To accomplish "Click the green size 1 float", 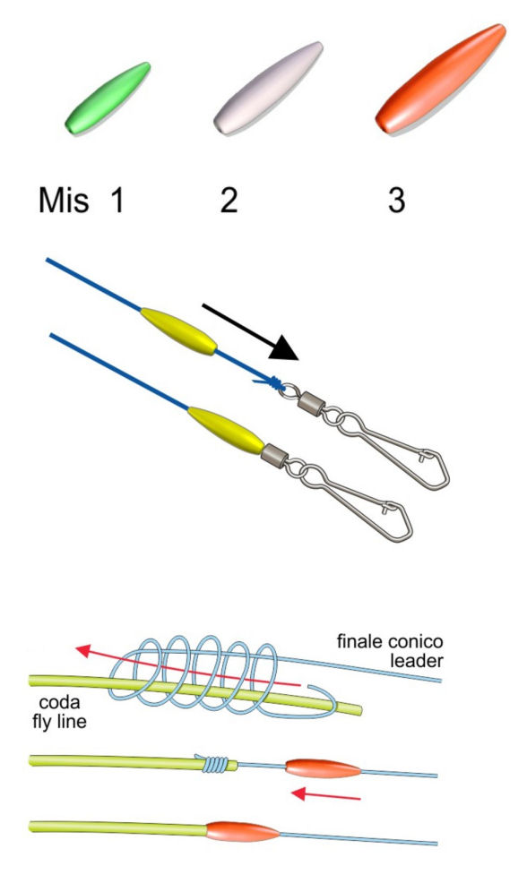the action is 108,98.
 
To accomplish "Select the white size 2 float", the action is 268,88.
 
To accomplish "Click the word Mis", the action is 64,200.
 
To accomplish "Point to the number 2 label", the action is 229,200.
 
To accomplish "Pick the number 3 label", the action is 396,200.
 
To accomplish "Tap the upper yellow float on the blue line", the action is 178,331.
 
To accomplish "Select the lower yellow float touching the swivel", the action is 226,430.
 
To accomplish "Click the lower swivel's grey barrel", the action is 274,456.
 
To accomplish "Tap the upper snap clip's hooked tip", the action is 424,454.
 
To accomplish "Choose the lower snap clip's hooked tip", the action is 386,507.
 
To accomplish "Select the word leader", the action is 417,661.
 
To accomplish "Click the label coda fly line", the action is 59,712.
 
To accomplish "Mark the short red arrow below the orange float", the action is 325,794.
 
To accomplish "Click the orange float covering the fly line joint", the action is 242,831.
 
